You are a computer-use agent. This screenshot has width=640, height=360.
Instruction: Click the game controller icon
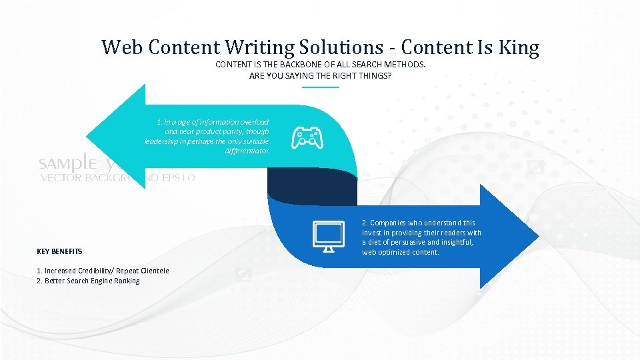pyautogui.click(x=307, y=137)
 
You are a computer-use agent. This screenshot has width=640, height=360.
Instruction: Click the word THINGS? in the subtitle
pyautogui.click(x=375, y=75)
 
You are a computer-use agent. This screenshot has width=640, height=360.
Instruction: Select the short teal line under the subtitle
pyautogui.click(x=320, y=87)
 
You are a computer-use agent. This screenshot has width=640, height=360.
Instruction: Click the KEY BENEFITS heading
pyautogui.click(x=60, y=251)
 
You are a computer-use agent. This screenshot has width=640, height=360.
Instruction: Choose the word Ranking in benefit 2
pyautogui.click(x=125, y=281)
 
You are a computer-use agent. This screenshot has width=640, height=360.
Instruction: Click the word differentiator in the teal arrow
pyautogui.click(x=247, y=151)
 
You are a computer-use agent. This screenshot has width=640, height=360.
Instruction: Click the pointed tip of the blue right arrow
pyautogui.click(x=537, y=236)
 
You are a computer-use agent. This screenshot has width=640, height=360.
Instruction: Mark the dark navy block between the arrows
pyautogui.click(x=312, y=186)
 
